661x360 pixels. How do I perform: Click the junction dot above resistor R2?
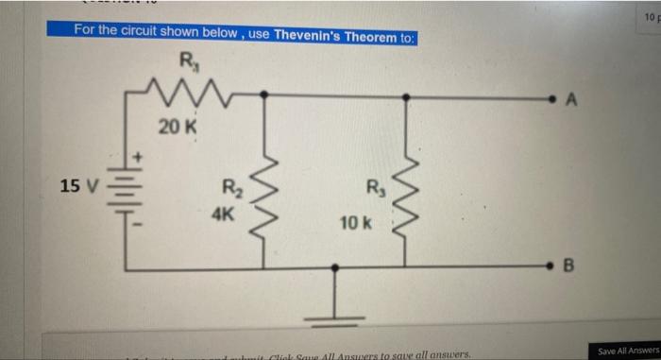click(263, 95)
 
